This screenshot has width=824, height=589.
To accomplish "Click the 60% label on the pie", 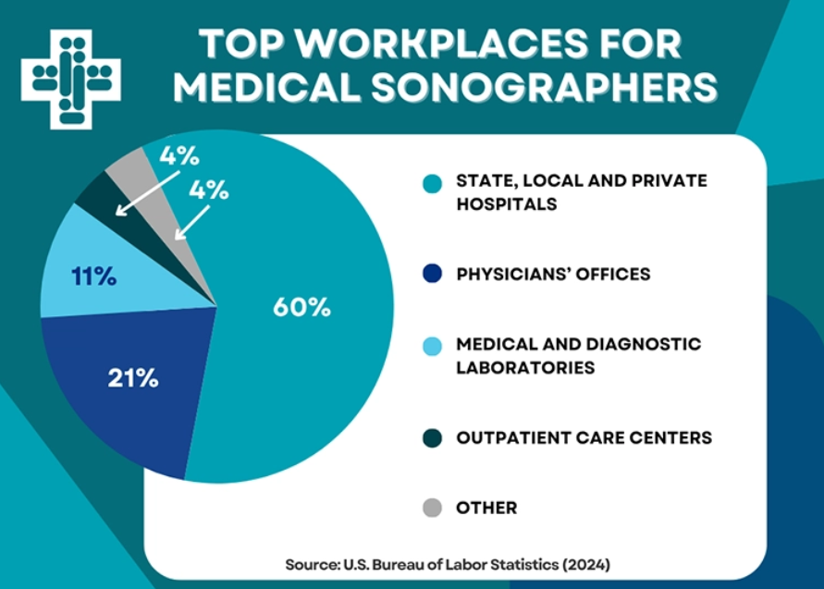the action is (x=301, y=307).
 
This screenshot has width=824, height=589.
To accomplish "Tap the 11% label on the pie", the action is (x=93, y=276).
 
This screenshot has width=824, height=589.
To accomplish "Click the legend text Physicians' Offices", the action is (x=553, y=275).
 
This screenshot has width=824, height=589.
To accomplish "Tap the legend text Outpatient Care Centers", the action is (x=584, y=437).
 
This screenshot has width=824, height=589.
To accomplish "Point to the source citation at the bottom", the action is (x=448, y=562).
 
